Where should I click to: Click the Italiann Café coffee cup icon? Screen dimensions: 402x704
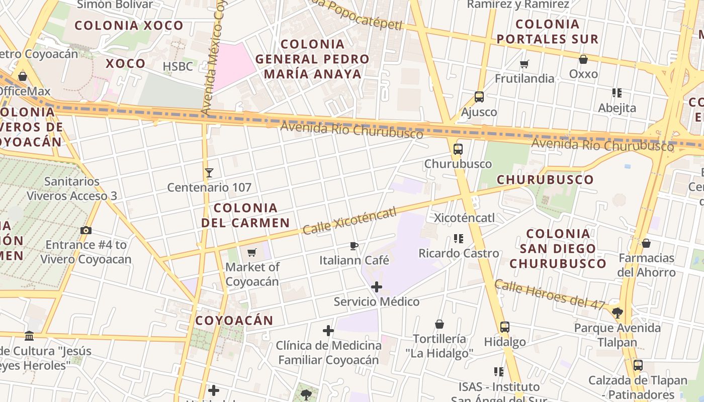point(354,246)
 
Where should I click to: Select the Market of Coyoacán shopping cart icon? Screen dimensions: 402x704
point(252,252)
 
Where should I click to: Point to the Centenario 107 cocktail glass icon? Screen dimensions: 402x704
point(209,173)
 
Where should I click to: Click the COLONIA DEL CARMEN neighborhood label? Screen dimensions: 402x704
point(246,215)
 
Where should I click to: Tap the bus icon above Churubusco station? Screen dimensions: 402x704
point(458,149)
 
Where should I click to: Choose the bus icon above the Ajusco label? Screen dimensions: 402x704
point(479,97)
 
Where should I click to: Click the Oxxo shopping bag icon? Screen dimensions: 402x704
point(583,59)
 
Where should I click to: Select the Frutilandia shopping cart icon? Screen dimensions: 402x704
point(524,64)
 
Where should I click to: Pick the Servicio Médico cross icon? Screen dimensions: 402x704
point(376,287)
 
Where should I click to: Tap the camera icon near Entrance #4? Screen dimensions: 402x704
point(86,230)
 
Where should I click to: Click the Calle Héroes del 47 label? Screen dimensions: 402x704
point(550,294)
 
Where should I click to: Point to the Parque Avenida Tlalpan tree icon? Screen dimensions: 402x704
point(618,313)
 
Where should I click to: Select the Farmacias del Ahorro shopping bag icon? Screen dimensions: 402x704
point(646,243)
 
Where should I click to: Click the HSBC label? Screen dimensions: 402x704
point(178,66)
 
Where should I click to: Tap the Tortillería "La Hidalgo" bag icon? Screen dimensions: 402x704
point(439,324)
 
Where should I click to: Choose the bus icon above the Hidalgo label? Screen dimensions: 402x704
point(505,327)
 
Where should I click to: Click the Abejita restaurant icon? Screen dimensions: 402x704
point(617,93)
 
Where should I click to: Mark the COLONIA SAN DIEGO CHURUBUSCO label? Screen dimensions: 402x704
point(558,248)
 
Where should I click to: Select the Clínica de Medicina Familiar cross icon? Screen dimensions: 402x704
point(328,331)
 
